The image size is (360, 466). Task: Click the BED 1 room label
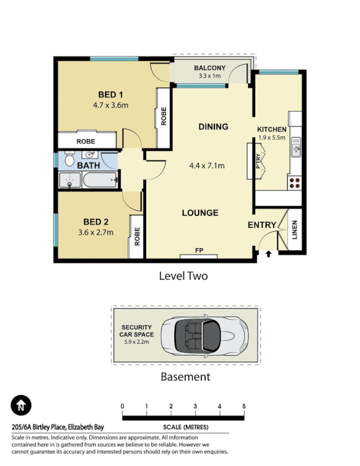pyautogui.click(x=110, y=95)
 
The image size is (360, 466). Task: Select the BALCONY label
pyautogui.click(x=210, y=68)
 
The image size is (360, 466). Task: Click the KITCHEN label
pyautogui.click(x=272, y=129)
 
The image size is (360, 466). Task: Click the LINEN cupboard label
pyautogui.click(x=294, y=230)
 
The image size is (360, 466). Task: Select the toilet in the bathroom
pyautogui.click(x=69, y=158)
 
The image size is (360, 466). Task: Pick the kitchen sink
pyautogui.click(x=295, y=147)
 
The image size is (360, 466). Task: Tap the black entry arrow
pyautogui.click(x=269, y=254)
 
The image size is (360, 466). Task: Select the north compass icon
pyautogui.click(x=21, y=405)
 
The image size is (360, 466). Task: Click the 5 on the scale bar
pyautogui.click(x=244, y=406)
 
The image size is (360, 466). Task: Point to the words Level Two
pyautogui.click(x=183, y=276)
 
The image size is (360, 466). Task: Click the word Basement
pyautogui.click(x=185, y=376)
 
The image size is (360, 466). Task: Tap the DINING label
pyautogui.click(x=213, y=127)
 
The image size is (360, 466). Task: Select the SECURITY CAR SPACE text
pyautogui.click(x=137, y=331)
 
